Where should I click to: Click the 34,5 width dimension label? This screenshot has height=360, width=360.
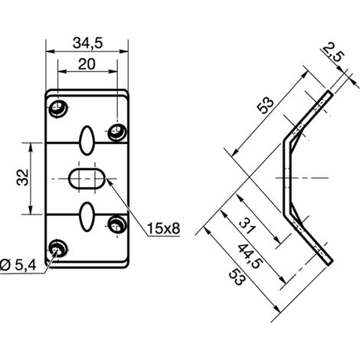(87, 43)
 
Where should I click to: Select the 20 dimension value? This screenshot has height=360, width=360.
(87, 64)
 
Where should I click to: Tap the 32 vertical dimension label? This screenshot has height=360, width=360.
(22, 177)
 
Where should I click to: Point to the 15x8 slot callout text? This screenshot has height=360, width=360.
(163, 228)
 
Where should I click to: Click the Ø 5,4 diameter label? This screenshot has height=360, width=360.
(18, 265)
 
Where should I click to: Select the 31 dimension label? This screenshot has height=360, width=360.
(247, 226)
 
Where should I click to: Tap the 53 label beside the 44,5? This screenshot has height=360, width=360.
(237, 277)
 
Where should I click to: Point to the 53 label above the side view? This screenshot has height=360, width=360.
(266, 106)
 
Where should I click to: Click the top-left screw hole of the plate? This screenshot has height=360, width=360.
(58, 109)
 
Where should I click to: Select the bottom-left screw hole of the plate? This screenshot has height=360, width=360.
(58, 249)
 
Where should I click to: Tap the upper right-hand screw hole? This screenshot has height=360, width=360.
(117, 132)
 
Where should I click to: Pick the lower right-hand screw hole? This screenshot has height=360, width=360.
(117, 224)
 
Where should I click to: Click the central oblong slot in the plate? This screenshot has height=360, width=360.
(87, 178)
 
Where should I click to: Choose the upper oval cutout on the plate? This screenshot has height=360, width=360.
(87, 140)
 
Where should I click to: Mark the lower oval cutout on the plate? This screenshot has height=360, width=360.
(87, 217)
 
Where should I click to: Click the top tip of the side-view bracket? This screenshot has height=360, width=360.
(330, 92)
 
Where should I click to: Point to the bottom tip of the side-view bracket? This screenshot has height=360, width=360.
(330, 263)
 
